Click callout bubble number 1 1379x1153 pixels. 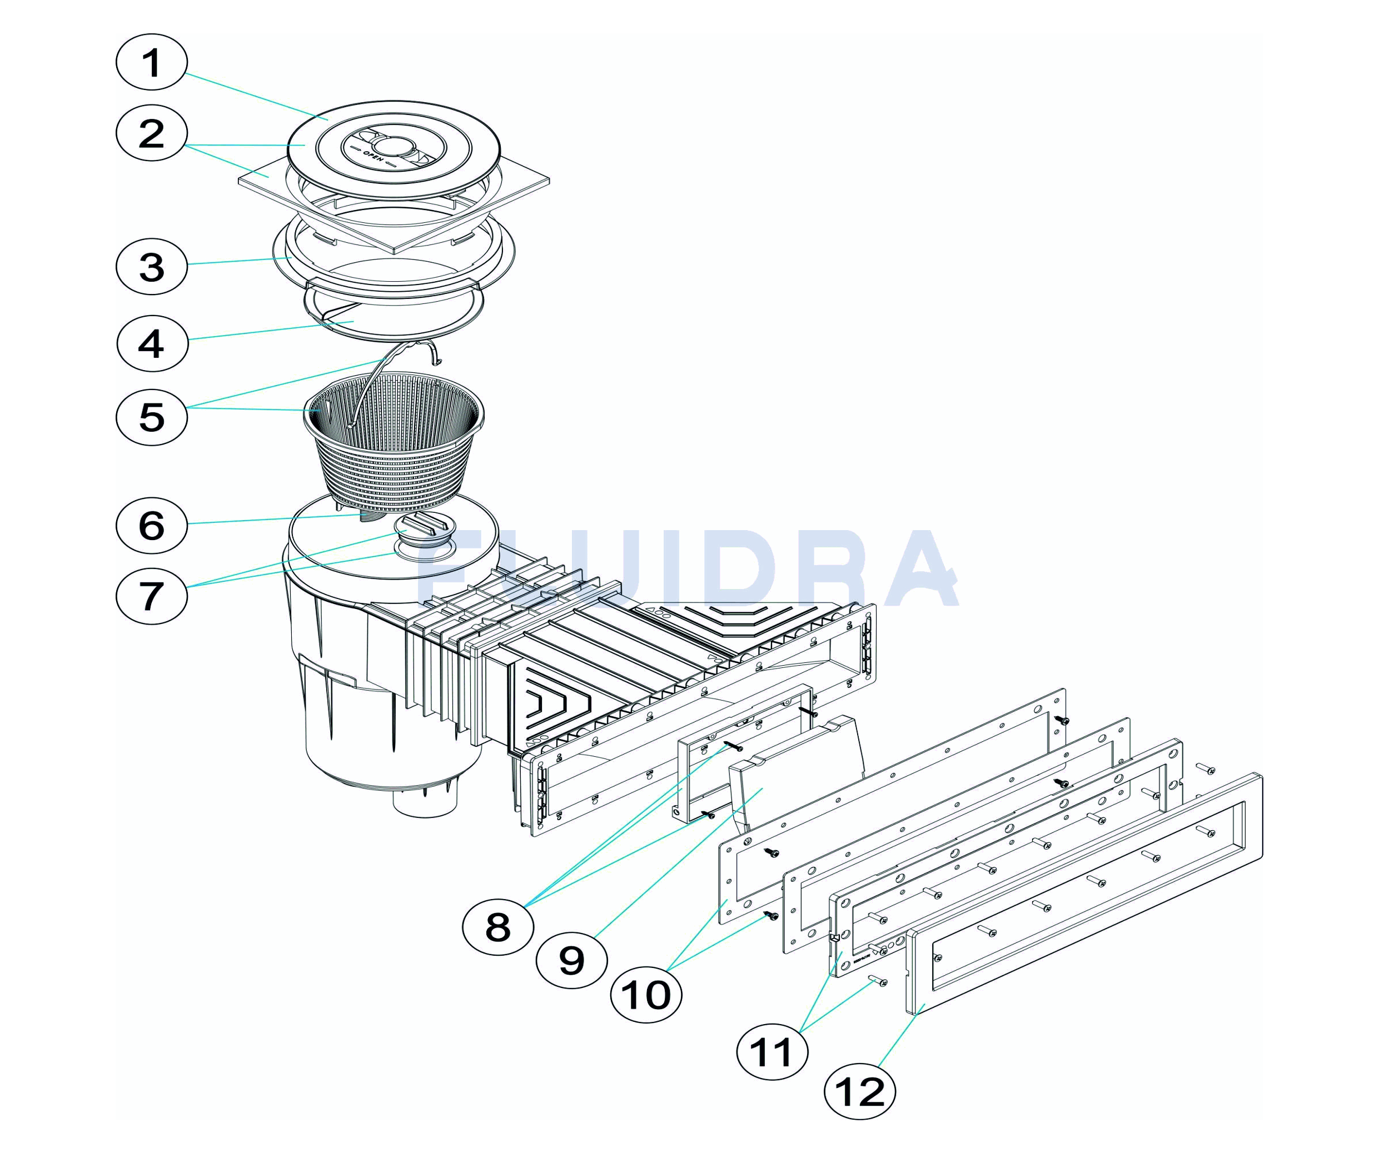(x=152, y=62)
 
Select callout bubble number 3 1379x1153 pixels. (x=152, y=267)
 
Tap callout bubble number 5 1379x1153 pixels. (x=152, y=417)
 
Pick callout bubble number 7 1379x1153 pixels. (x=152, y=596)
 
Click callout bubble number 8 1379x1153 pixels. (x=498, y=927)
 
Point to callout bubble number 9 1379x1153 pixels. (x=571, y=961)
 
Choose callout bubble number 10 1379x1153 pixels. (x=646, y=995)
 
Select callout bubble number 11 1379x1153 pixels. (x=772, y=1052)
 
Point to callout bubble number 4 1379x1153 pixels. (x=152, y=343)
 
